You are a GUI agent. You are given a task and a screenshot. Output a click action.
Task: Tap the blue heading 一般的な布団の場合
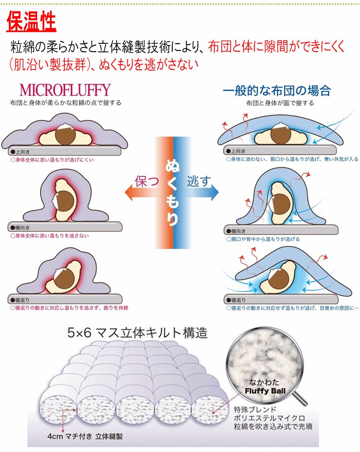click(277, 91)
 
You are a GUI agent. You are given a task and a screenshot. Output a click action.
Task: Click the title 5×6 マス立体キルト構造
click(137, 332)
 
